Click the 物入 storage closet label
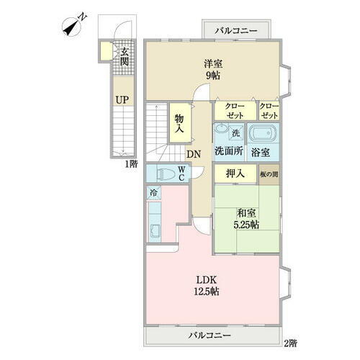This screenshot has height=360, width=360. (178, 124)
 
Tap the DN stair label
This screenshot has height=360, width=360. (193, 154)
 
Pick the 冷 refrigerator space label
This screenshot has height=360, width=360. (153, 192)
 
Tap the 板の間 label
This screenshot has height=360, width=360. (269, 174)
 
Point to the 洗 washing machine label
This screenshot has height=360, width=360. (235, 132)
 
